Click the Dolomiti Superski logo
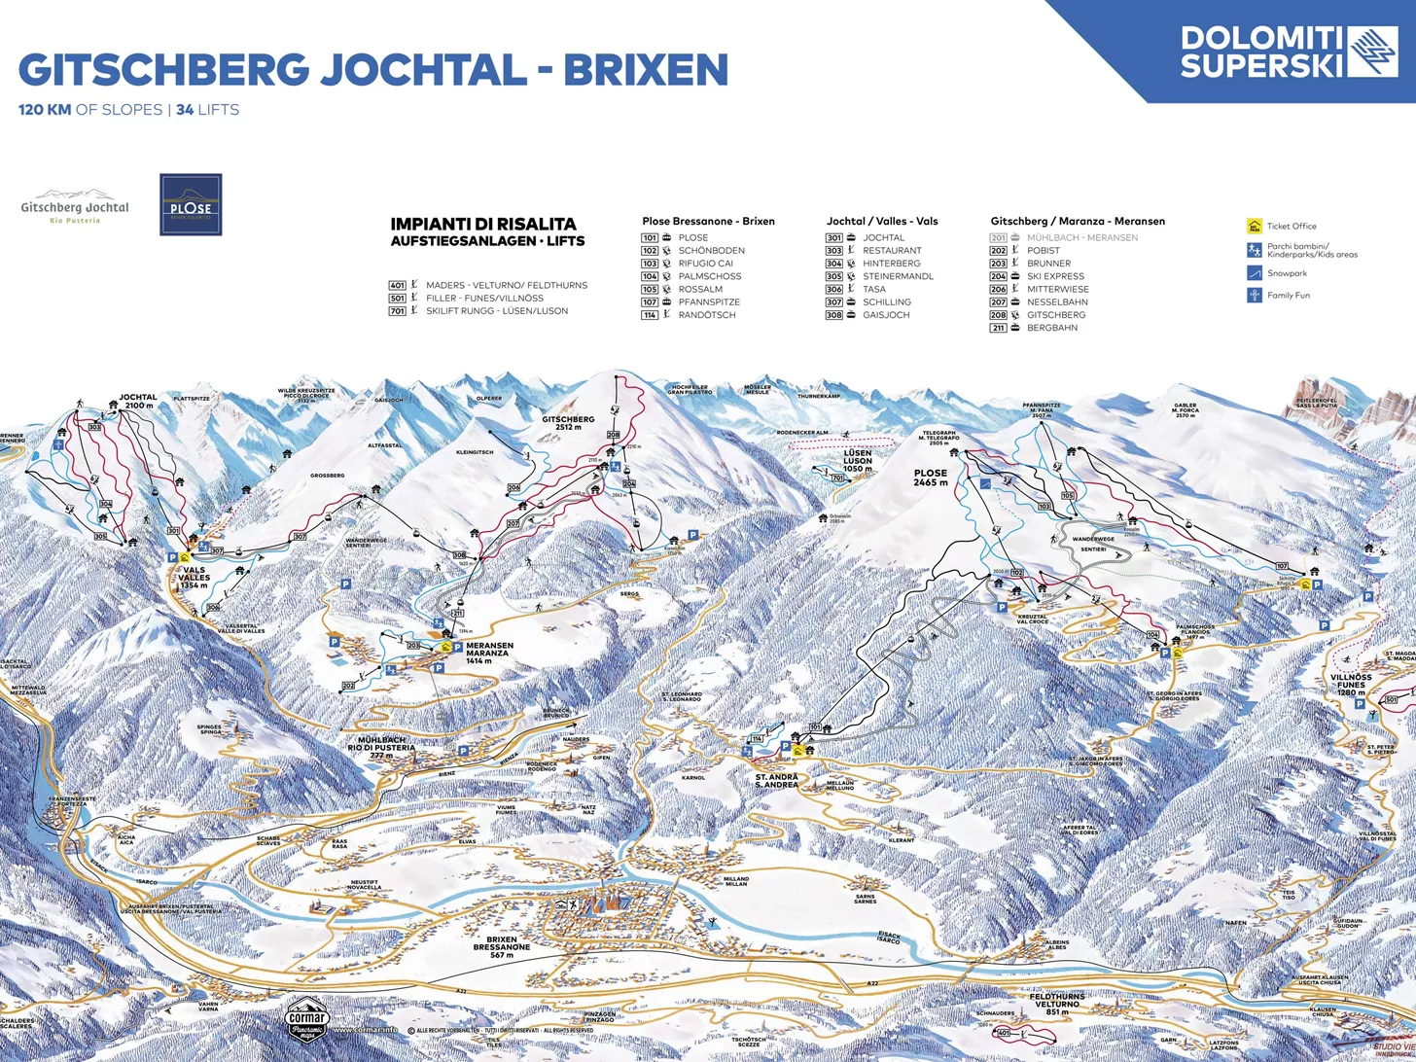pos(1289,52)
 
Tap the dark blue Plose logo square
pos(191,204)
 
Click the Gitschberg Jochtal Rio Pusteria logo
pos(75,206)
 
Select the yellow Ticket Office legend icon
pos(1255,226)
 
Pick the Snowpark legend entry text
pos(1287,273)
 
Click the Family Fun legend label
pos(1288,295)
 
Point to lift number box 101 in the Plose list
pos(650,237)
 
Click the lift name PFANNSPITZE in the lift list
pos(709,301)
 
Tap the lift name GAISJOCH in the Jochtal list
pos(886,314)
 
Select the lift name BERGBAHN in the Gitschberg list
pos(1052,328)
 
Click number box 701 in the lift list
pos(397,310)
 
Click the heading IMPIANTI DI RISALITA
pos(483,224)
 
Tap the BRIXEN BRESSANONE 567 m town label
pos(502,947)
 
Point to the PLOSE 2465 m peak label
pos(930,478)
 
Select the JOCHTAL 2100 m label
pos(138,401)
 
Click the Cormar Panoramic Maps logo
pos(309,1017)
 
